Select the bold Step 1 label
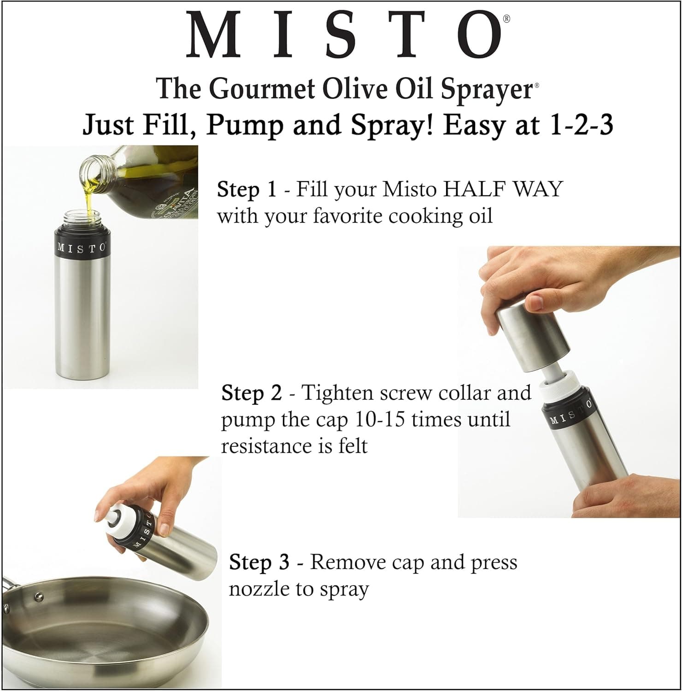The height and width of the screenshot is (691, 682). (x=247, y=189)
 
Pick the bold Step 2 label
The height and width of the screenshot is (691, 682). (x=251, y=393)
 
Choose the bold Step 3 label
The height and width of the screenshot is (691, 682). (x=259, y=562)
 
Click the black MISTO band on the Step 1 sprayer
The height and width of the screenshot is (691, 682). (x=82, y=247)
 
